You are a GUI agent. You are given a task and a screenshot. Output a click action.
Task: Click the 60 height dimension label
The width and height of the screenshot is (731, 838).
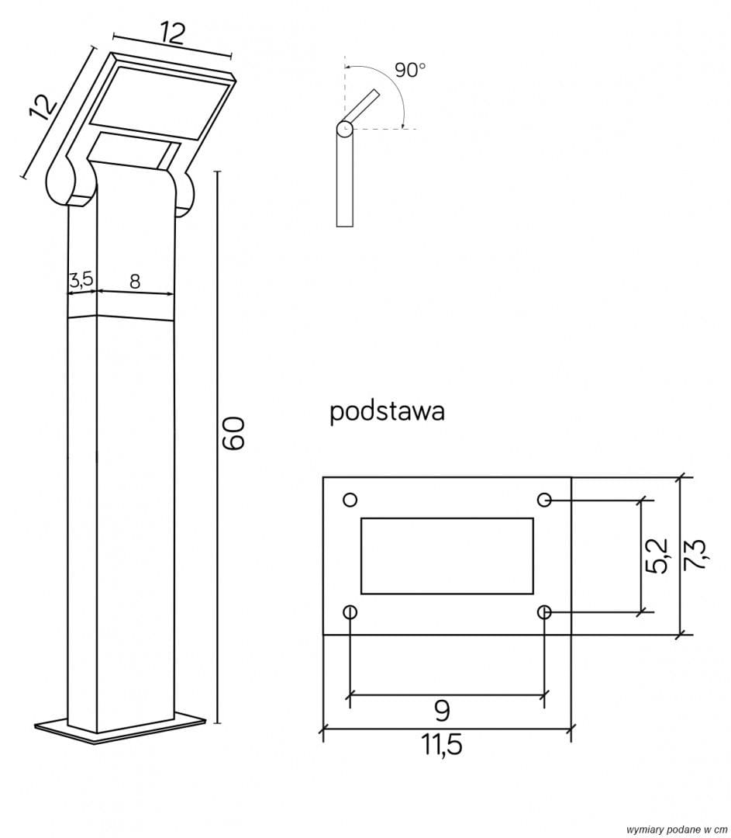pyautogui.click(x=233, y=433)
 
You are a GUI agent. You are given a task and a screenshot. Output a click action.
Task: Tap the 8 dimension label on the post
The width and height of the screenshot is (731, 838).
pyautogui.click(x=135, y=281)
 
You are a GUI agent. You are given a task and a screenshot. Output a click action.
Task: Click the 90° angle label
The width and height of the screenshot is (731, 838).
pyautogui.click(x=410, y=70)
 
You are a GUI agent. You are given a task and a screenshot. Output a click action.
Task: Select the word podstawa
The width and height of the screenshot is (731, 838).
pyautogui.click(x=387, y=411)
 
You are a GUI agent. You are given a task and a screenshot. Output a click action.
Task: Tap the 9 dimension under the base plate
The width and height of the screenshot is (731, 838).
pyautogui.click(x=443, y=709)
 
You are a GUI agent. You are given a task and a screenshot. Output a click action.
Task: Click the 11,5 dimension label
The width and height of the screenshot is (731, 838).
pyautogui.click(x=443, y=745)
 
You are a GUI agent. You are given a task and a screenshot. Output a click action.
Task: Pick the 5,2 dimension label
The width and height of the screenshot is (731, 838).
pyautogui.click(x=656, y=556)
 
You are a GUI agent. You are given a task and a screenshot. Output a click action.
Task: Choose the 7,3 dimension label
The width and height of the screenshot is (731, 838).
pyautogui.click(x=695, y=556)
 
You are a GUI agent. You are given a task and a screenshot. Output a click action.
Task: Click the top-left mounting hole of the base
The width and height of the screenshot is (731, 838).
pyautogui.click(x=350, y=499)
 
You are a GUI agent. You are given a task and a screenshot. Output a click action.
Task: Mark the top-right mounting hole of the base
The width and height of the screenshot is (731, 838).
pyautogui.click(x=545, y=499)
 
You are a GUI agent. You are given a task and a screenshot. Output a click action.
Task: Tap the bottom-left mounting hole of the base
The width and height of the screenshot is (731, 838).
pyautogui.click(x=350, y=612)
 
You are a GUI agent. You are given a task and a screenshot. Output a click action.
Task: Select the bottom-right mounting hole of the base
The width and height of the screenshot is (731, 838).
pyautogui.click(x=545, y=612)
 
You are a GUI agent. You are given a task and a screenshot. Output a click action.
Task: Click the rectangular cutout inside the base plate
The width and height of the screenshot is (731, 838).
pyautogui.click(x=447, y=556)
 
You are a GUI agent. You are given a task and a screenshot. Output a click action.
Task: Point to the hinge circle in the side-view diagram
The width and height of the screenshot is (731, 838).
pyautogui.click(x=343, y=127)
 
